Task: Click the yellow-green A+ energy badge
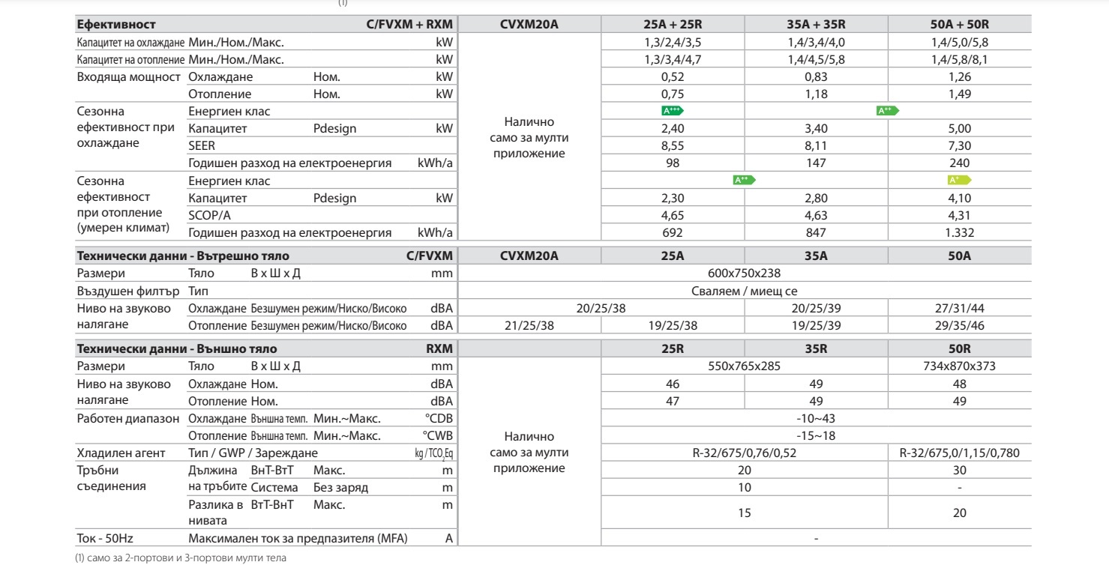pos(958,181)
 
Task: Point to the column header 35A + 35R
pos(816,25)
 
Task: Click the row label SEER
pos(200,146)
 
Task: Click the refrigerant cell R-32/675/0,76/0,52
pos(745,453)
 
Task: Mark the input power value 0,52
pos(673,77)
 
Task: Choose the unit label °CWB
pos(439,435)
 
